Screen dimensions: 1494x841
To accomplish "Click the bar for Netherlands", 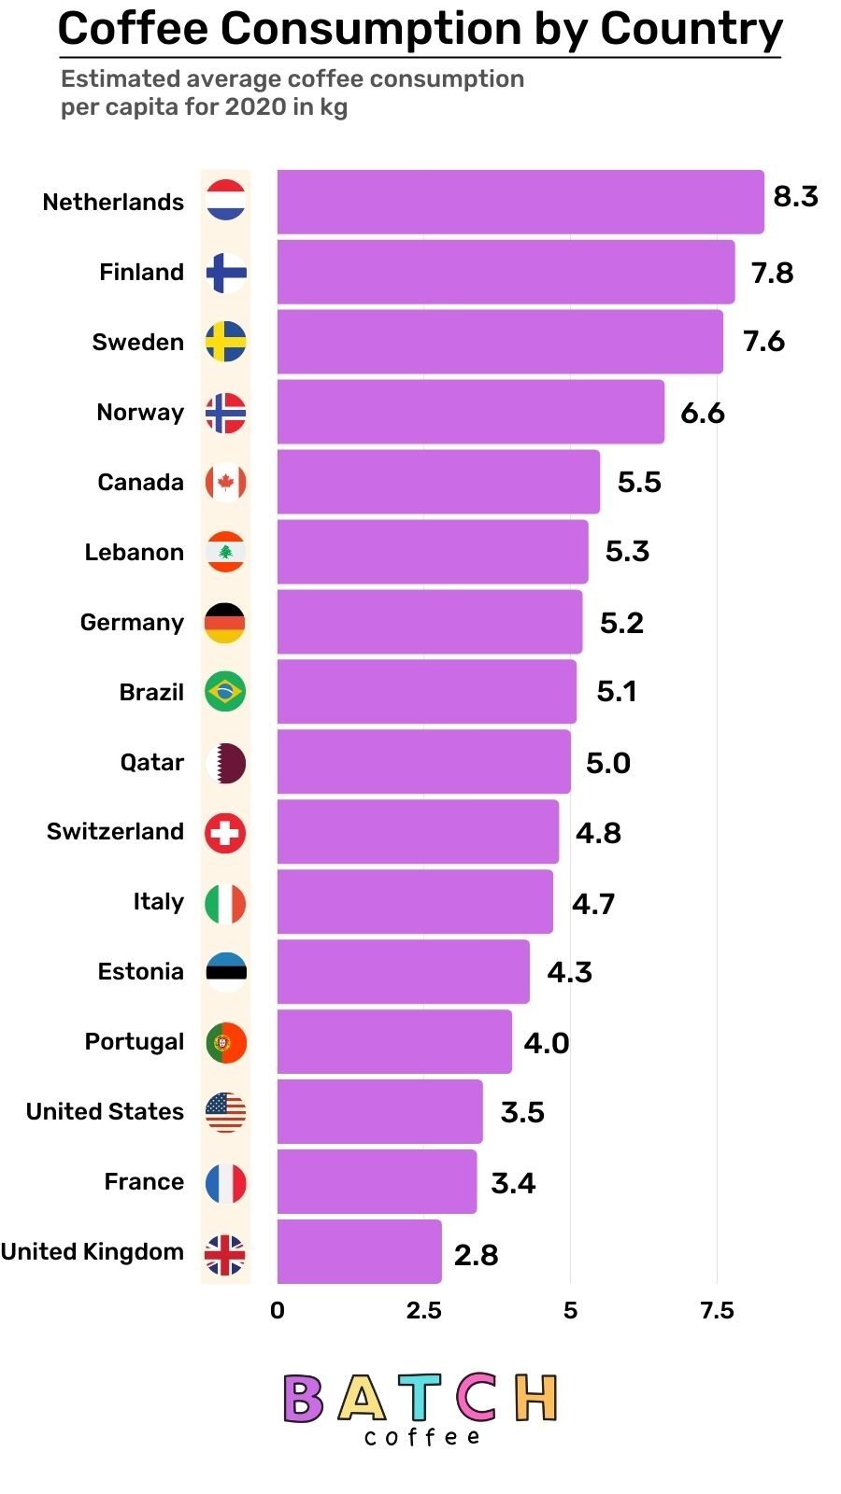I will click(x=520, y=202).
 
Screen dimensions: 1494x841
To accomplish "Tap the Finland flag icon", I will click(x=225, y=273).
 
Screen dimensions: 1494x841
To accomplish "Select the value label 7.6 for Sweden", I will click(x=763, y=342).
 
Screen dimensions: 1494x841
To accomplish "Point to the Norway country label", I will click(x=140, y=413).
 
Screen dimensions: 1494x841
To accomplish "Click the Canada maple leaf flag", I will click(x=225, y=483).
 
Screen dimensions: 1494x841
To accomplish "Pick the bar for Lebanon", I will click(x=432, y=552).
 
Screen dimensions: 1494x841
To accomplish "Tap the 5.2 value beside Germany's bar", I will click(x=621, y=623).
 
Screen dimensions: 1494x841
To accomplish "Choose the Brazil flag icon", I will click(x=225, y=692).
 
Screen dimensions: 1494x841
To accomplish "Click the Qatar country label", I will click(x=151, y=763).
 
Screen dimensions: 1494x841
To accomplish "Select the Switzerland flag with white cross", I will click(x=225, y=833).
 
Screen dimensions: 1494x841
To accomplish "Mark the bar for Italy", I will click(x=414, y=902).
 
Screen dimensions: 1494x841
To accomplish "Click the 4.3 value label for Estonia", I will click(x=569, y=973).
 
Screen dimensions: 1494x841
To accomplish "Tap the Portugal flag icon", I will click(x=225, y=1042).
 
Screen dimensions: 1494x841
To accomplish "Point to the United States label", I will click(x=105, y=1112).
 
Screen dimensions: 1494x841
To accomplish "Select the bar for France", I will click(x=376, y=1182).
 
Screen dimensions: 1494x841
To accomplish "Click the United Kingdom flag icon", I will click(x=225, y=1254).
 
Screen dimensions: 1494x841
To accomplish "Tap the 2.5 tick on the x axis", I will click(x=423, y=1311).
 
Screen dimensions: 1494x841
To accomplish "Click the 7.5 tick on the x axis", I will click(x=717, y=1311).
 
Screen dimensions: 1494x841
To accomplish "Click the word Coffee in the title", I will click(x=133, y=30).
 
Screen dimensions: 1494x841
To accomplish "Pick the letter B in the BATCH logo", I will click(x=303, y=1399).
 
